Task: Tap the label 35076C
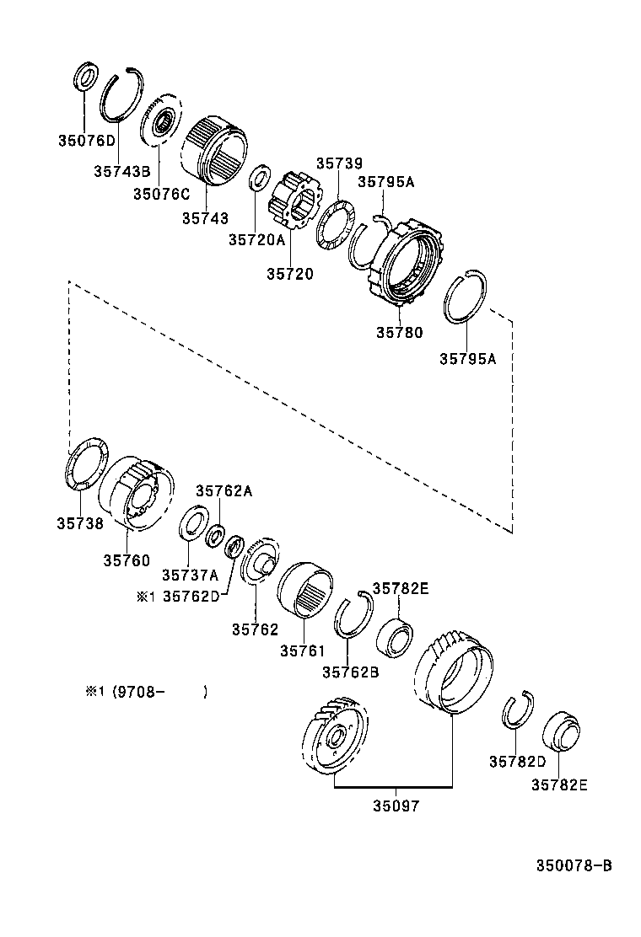click(x=161, y=193)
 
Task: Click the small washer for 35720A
click(x=260, y=179)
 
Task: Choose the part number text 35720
click(x=290, y=273)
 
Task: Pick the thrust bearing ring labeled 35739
click(x=337, y=224)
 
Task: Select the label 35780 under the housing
click(x=400, y=333)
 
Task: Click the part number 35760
click(x=127, y=560)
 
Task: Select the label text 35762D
click(x=191, y=597)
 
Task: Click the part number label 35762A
click(x=224, y=490)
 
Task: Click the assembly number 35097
click(x=396, y=805)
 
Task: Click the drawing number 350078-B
click(x=573, y=865)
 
